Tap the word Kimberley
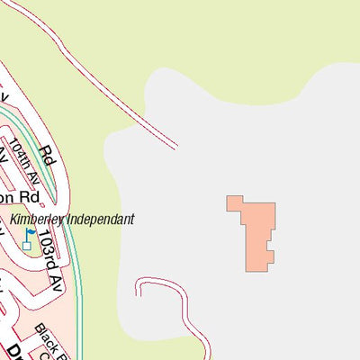[40, 219]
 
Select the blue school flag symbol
[31, 232]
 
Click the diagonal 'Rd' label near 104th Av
[48, 156]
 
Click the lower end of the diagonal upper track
[174, 145]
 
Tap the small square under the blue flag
[27, 245]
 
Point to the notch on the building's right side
[272, 245]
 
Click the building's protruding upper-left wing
[235, 203]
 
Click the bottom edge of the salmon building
[259, 268]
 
